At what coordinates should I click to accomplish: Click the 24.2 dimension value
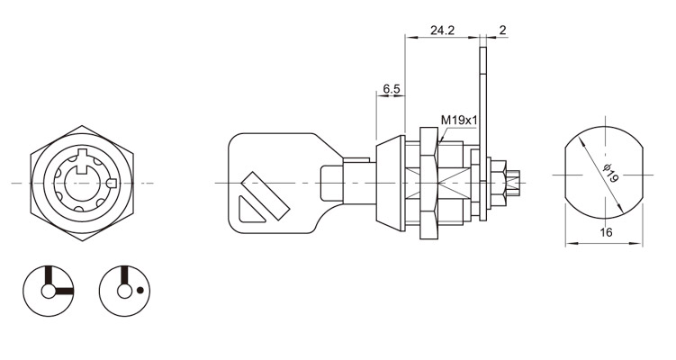442,31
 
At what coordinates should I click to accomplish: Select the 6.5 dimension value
392,89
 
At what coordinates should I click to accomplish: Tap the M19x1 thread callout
459,121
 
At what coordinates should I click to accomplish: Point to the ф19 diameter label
609,173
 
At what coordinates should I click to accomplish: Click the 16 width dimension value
606,232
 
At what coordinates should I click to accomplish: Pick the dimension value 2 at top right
502,31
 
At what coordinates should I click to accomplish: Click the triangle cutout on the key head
251,210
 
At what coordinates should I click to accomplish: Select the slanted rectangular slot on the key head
266,195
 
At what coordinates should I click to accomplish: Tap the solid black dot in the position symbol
140,290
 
